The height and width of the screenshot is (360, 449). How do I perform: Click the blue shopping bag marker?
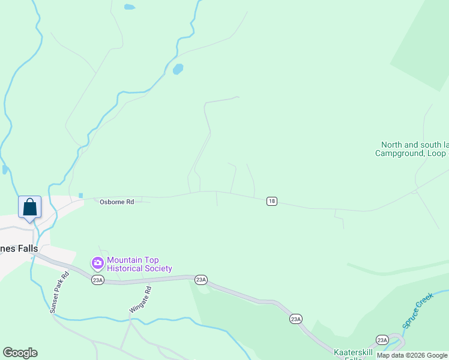30,208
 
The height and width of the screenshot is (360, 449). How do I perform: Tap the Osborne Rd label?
116,202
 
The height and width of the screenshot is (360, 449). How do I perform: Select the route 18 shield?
271,202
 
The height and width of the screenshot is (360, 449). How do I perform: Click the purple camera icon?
97,263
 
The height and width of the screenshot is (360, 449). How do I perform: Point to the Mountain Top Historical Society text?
139,265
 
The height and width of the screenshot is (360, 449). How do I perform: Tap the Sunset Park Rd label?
59,292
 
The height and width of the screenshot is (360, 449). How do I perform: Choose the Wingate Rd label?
139,299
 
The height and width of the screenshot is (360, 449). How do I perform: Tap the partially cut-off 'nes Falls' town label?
19,248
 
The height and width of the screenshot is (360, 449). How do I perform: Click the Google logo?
20,353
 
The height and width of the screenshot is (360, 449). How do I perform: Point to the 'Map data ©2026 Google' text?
412,355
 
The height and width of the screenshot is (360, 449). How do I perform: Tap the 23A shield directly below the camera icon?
97,280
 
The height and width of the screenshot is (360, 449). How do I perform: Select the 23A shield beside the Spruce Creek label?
382,340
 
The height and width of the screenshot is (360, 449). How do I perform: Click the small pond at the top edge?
129,7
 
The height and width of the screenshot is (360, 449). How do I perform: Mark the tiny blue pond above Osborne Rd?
80,195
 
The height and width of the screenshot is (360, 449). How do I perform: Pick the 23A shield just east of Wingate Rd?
200,279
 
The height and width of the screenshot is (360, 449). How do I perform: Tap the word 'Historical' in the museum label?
125,269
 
